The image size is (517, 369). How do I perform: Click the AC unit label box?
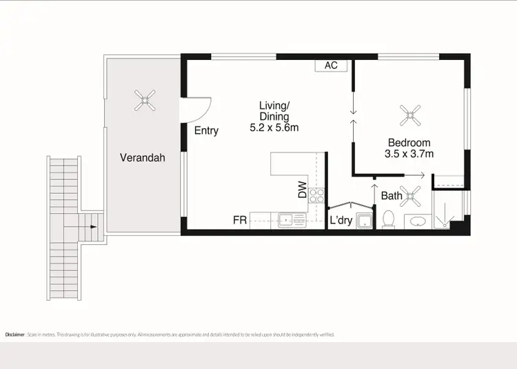coord(331,65)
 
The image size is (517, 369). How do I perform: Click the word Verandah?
coord(143,157)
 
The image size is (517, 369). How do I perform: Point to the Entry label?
coord(206,130)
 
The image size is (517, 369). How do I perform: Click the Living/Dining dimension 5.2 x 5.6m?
coord(274,128)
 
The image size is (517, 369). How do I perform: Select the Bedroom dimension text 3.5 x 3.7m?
coord(409,154)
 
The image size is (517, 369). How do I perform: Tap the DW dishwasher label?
coord(302,190)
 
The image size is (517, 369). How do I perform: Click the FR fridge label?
coord(240,221)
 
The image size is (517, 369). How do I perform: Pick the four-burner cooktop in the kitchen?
coord(316,195)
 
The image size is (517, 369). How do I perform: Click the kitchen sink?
coord(286,221)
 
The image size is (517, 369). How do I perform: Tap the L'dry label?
coord(341,221)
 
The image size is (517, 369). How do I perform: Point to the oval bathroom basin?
coord(416,222)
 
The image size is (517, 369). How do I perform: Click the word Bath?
coord(392,196)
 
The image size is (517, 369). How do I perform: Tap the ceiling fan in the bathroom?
coord(414,195)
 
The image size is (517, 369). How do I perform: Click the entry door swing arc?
coord(198,108)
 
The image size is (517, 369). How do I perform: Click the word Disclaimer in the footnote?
coord(15,335)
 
